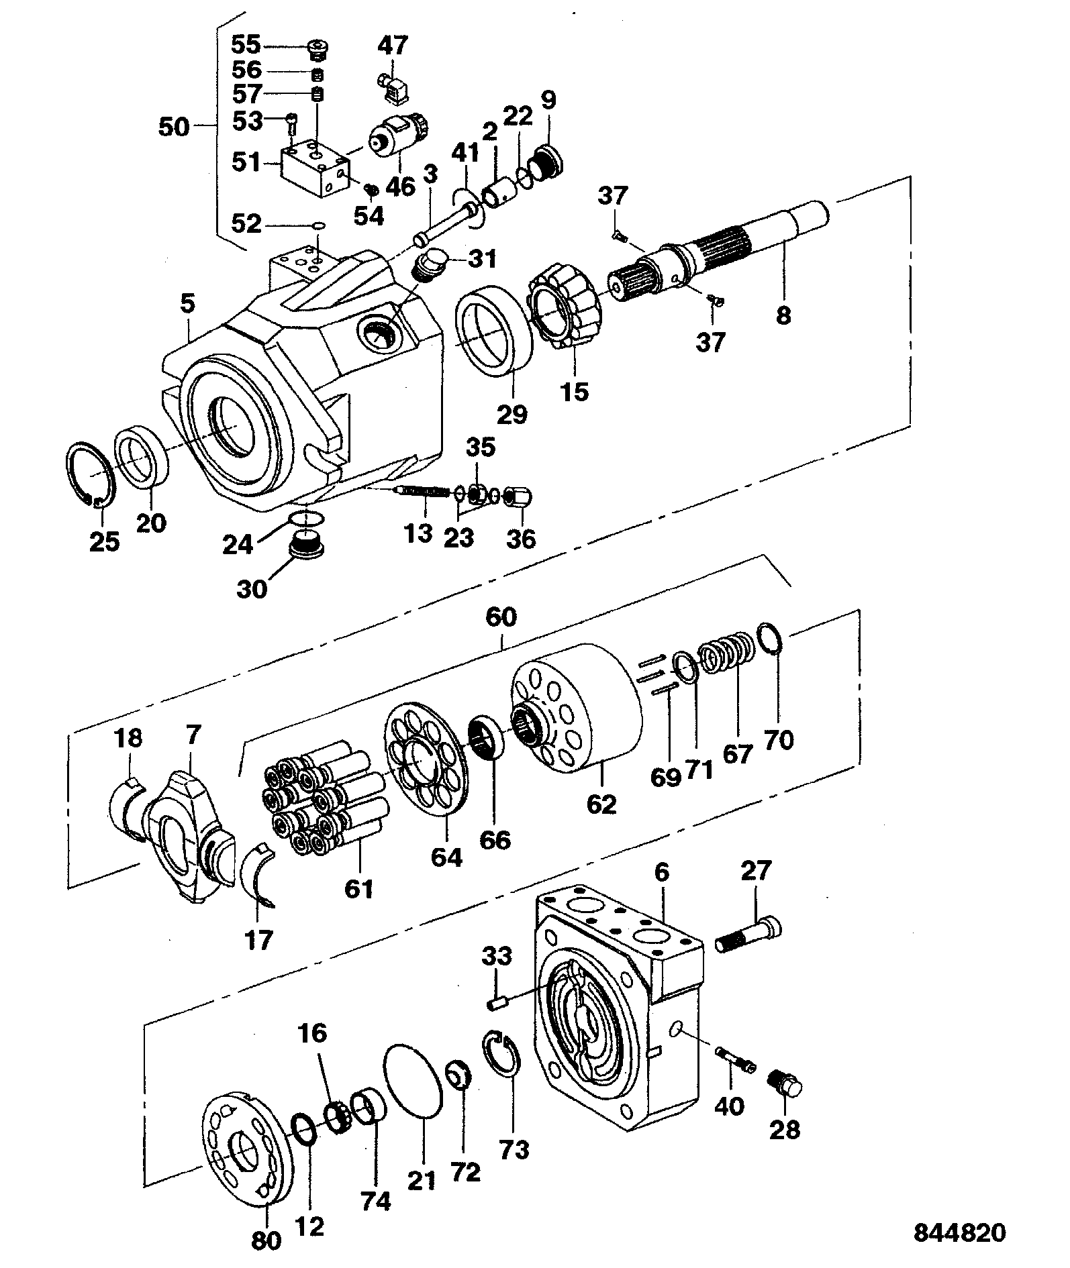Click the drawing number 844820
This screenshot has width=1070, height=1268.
click(959, 1232)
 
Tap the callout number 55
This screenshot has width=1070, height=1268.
click(246, 45)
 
